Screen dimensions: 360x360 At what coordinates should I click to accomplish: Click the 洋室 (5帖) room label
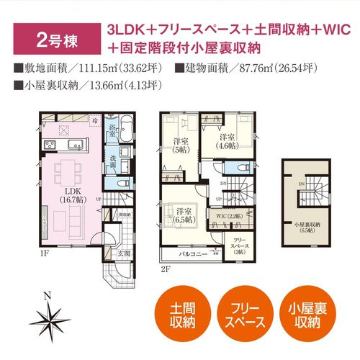[180, 146]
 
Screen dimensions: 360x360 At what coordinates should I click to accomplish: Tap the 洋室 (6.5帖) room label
[184, 215]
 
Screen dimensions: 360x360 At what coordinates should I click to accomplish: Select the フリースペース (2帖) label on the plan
[238, 246]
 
